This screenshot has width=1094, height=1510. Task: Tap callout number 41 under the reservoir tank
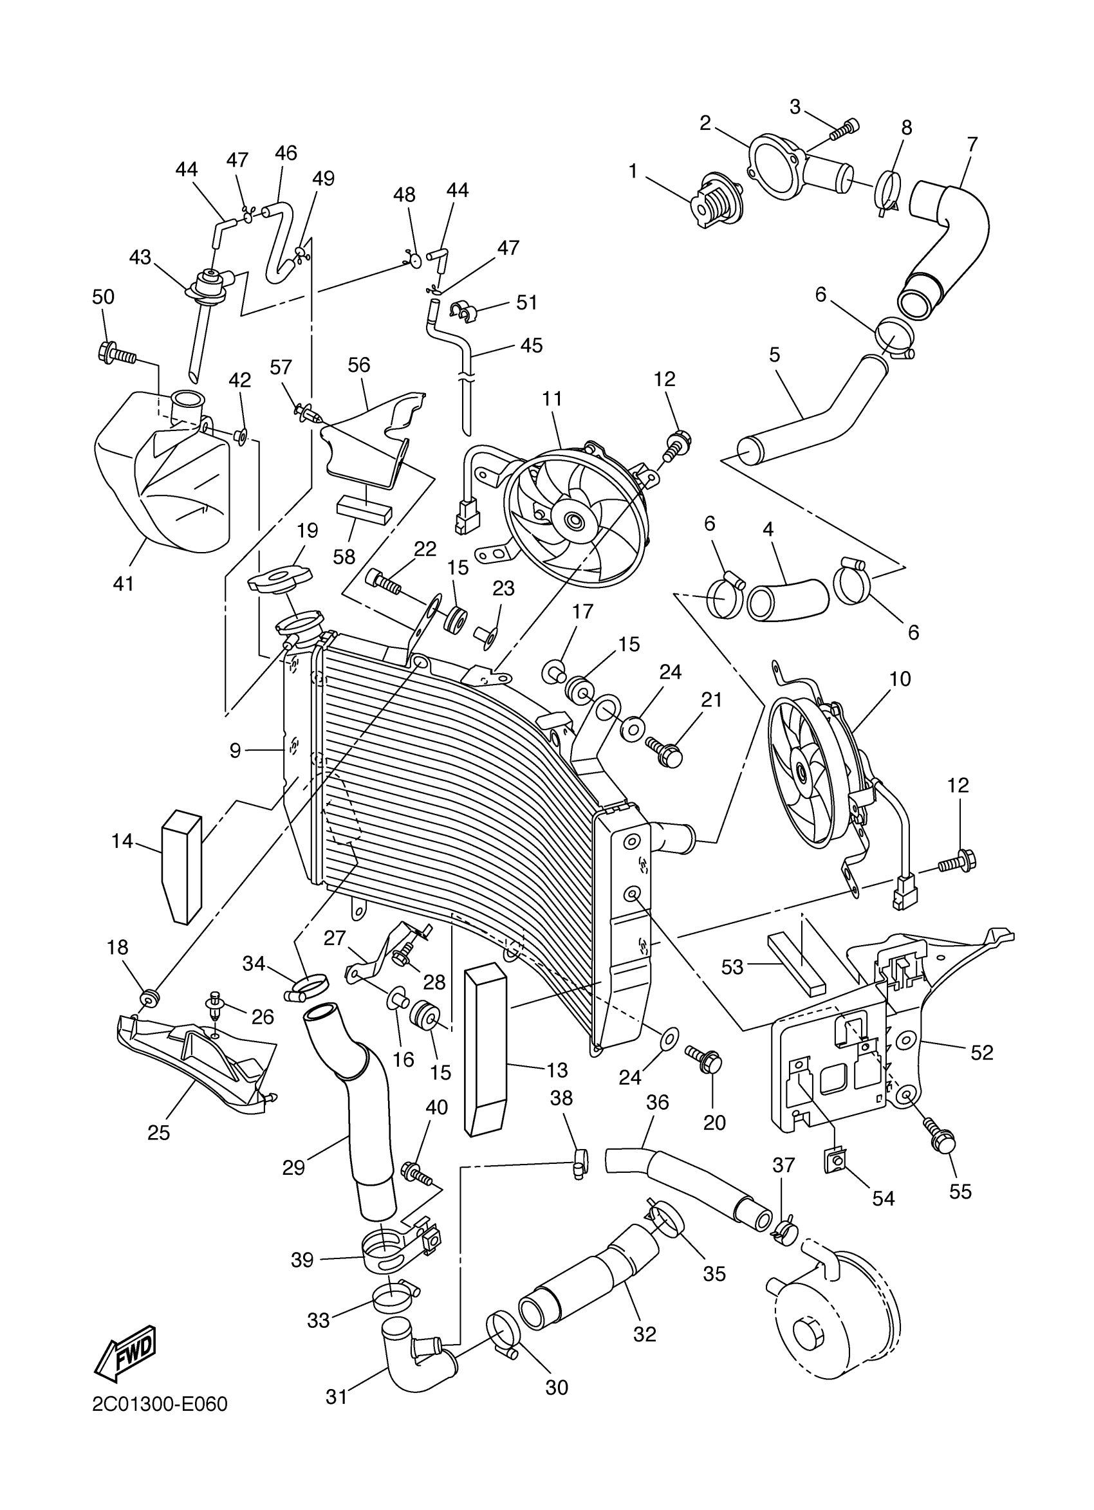pos(124,584)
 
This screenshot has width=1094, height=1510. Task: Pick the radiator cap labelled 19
pos(280,578)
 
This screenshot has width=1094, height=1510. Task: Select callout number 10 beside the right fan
pos(900,679)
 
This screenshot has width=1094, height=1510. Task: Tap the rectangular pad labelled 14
pos(181,865)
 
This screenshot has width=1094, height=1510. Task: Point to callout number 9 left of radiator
pos(235,751)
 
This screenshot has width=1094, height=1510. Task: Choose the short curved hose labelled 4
pos(788,598)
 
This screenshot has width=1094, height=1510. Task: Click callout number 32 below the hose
pos(645,1334)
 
